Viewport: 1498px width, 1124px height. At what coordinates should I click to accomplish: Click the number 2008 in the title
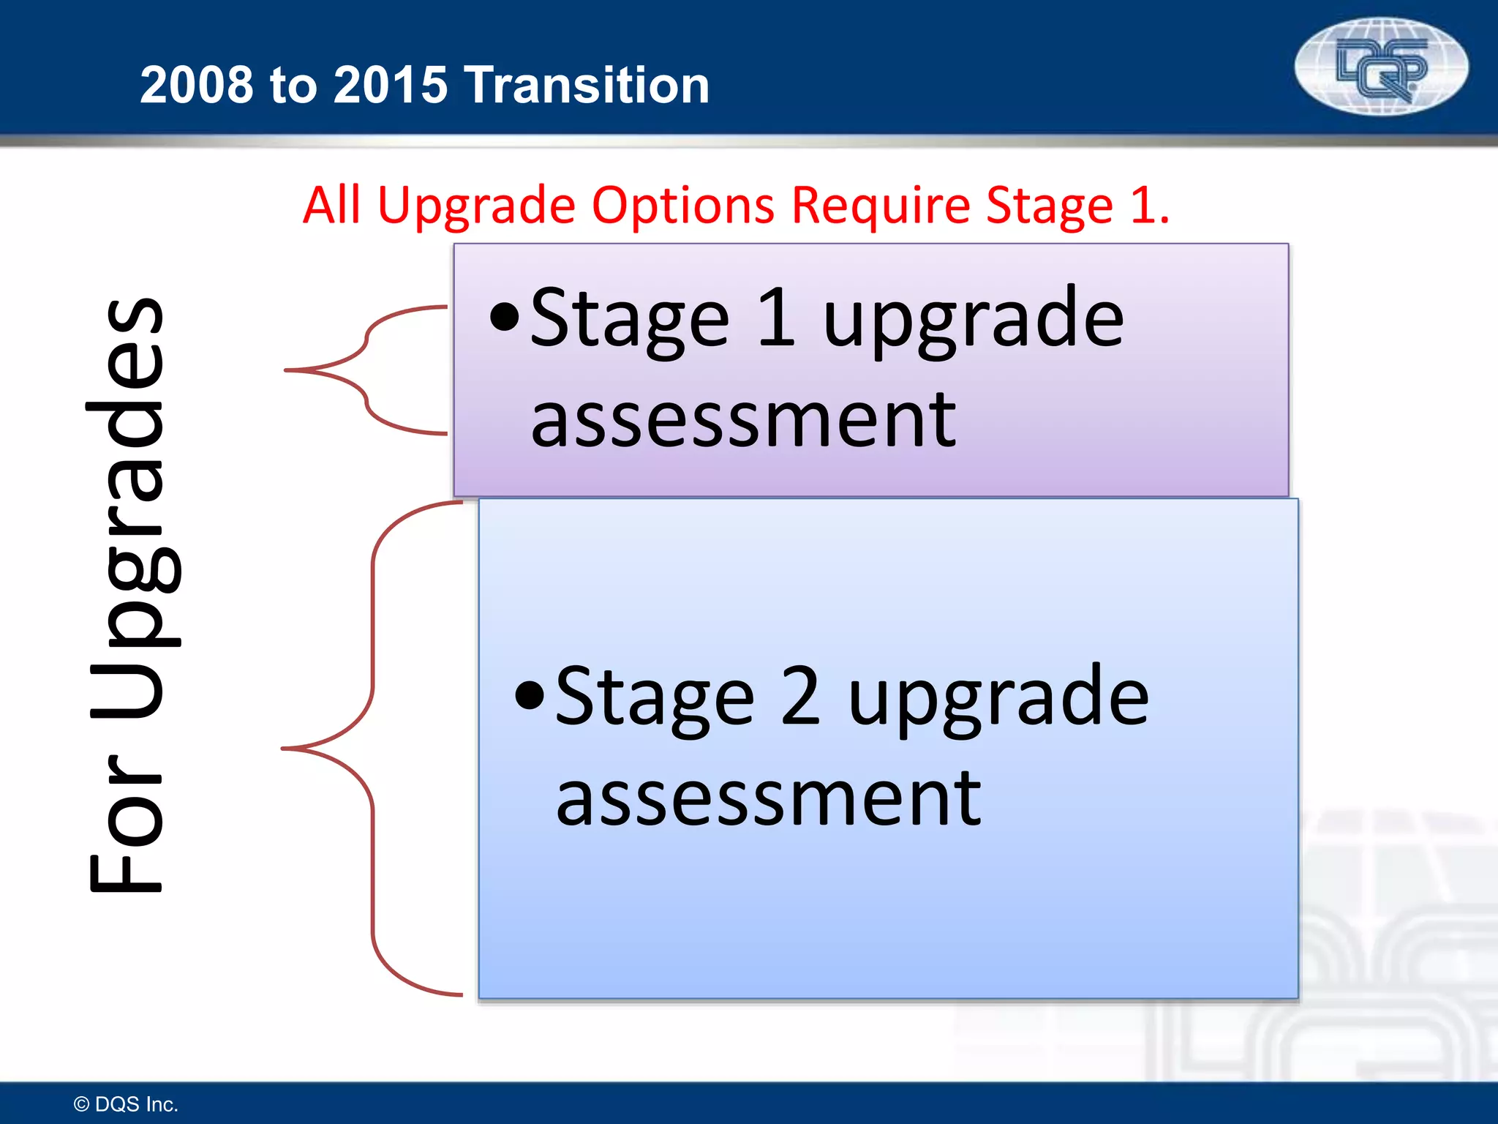click(195, 85)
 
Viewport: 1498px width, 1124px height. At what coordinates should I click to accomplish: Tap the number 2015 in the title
click(390, 85)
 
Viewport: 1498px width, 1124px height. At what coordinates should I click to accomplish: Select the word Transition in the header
click(587, 85)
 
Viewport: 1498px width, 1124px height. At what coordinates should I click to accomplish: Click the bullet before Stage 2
click(530, 696)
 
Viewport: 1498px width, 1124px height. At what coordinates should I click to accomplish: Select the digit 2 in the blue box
click(800, 696)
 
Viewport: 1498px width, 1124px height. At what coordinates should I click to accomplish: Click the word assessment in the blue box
click(768, 798)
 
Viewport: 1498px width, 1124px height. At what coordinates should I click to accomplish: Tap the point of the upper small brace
click(287, 371)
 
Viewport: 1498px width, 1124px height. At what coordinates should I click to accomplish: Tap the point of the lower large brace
click(285, 749)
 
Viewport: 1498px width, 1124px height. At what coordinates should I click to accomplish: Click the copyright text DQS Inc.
click(127, 1104)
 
